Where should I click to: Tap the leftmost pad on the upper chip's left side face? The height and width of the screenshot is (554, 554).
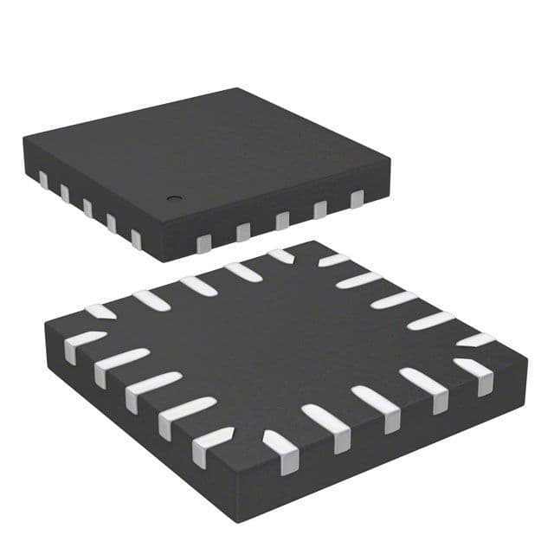(x=42, y=179)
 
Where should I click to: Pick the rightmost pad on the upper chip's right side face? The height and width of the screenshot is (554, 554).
(x=357, y=199)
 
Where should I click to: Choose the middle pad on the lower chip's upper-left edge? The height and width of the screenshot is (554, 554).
(x=198, y=285)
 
